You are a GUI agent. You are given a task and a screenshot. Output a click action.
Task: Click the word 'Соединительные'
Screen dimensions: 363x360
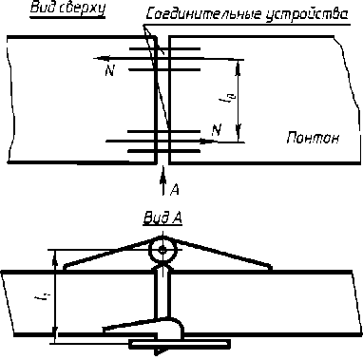pyautogui.click(x=202, y=14)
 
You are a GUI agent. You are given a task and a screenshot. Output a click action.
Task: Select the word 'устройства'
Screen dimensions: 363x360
pyautogui.click(x=306, y=15)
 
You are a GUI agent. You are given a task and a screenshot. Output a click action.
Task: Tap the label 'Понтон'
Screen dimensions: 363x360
pyautogui.click(x=313, y=138)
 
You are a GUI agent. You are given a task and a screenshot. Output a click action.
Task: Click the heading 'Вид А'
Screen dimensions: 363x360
pyautogui.click(x=162, y=218)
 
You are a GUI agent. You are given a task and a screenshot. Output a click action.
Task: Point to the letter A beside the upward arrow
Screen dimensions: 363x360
pyautogui.click(x=175, y=189)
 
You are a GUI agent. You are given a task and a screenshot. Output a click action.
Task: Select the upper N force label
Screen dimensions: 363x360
pyautogui.click(x=109, y=71)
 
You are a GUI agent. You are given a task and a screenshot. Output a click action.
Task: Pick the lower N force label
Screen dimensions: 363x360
pyautogui.click(x=217, y=129)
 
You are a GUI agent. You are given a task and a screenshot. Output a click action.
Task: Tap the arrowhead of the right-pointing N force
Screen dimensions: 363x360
pyautogui.click(x=208, y=142)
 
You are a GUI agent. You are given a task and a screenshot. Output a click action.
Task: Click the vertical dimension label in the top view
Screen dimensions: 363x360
pyautogui.click(x=222, y=98)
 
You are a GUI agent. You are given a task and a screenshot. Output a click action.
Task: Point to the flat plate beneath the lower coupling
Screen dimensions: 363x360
pyautogui.click(x=180, y=344)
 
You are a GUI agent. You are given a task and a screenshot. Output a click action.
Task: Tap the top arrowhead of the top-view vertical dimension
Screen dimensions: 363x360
pyautogui.click(x=239, y=67)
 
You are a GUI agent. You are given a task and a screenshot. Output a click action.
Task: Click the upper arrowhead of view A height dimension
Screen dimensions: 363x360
pyautogui.click(x=55, y=257)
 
